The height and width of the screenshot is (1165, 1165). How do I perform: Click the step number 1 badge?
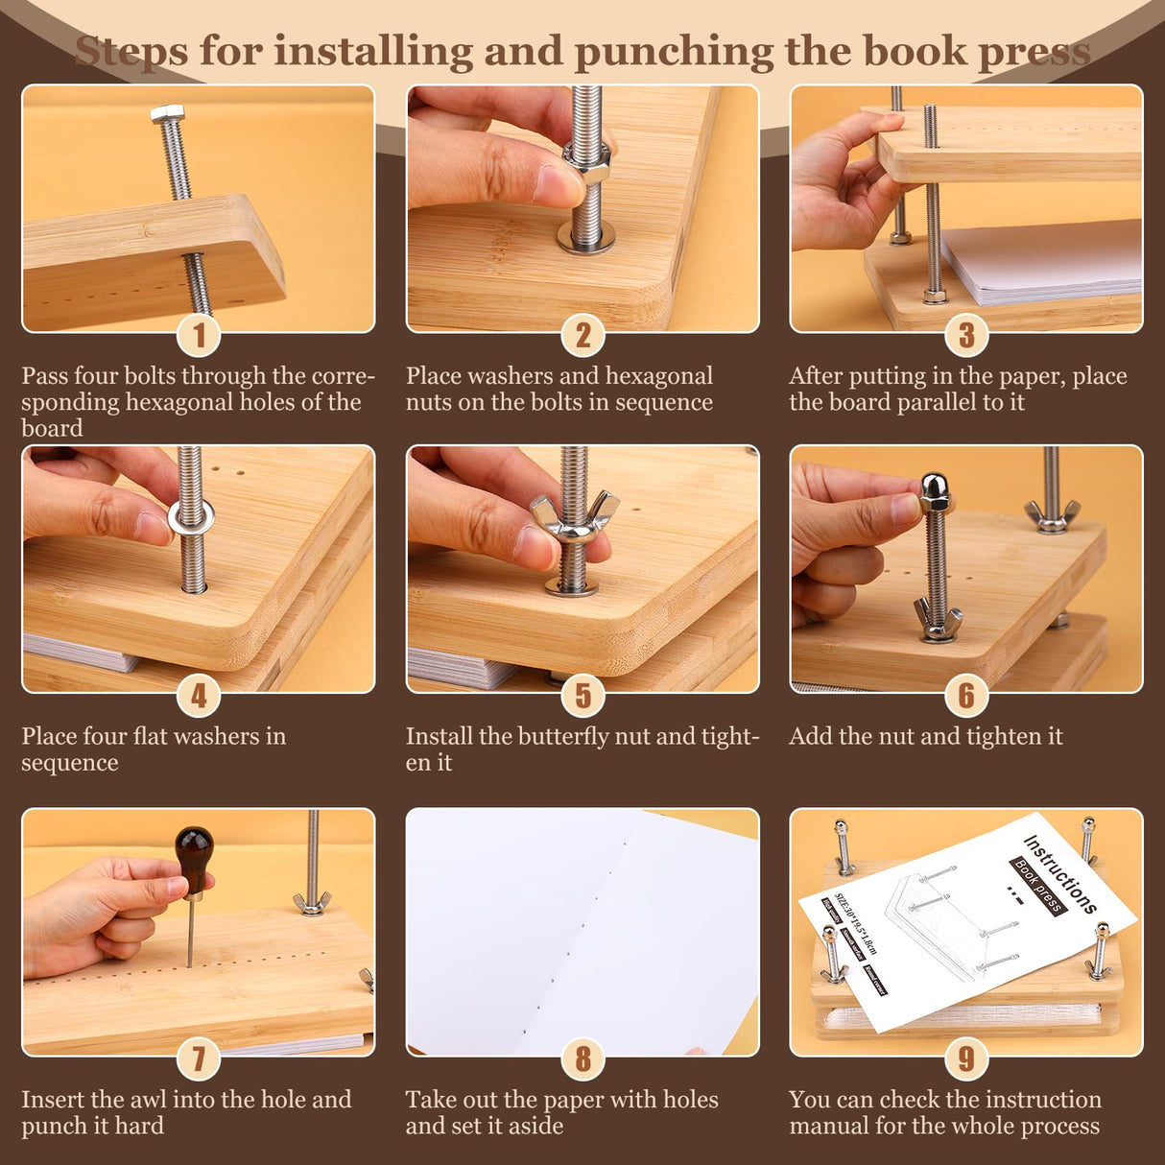click(x=199, y=335)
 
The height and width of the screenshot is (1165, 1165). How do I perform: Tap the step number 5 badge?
click(x=582, y=696)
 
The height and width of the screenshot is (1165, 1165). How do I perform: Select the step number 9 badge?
click(x=966, y=1058)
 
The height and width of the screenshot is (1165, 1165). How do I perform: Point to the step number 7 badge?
click(x=199, y=1058)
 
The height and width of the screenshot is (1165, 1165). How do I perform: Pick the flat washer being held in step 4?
click(x=191, y=518)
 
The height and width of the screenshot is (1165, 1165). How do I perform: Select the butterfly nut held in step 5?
click(x=573, y=520)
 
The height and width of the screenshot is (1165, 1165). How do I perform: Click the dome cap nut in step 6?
click(x=935, y=491)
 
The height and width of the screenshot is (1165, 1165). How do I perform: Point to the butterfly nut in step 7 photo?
click(x=311, y=902)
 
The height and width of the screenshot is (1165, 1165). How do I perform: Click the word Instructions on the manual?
click(x=1060, y=874)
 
